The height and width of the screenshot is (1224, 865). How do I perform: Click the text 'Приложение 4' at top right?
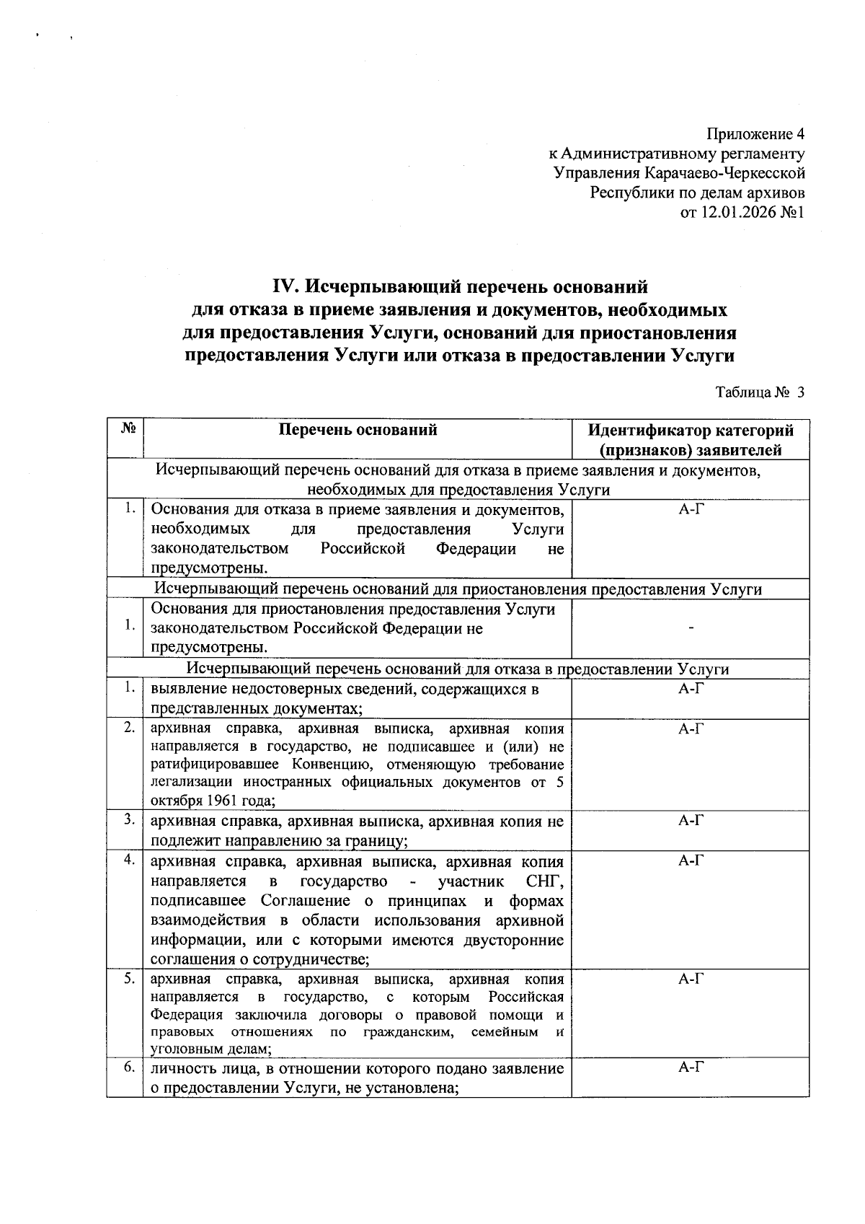755,134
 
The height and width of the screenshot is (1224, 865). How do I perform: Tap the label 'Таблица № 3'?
759,392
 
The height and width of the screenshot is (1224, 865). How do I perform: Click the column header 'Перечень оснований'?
358,431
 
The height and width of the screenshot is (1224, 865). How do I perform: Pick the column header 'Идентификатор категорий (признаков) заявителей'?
690,441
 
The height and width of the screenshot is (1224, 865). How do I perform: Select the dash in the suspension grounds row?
691,629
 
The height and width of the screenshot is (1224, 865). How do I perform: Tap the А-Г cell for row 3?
691,821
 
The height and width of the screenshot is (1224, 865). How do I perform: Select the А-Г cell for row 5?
691,979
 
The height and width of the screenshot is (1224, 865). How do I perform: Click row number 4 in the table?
129,860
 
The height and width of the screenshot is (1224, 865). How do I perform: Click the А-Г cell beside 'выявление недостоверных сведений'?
691,689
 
